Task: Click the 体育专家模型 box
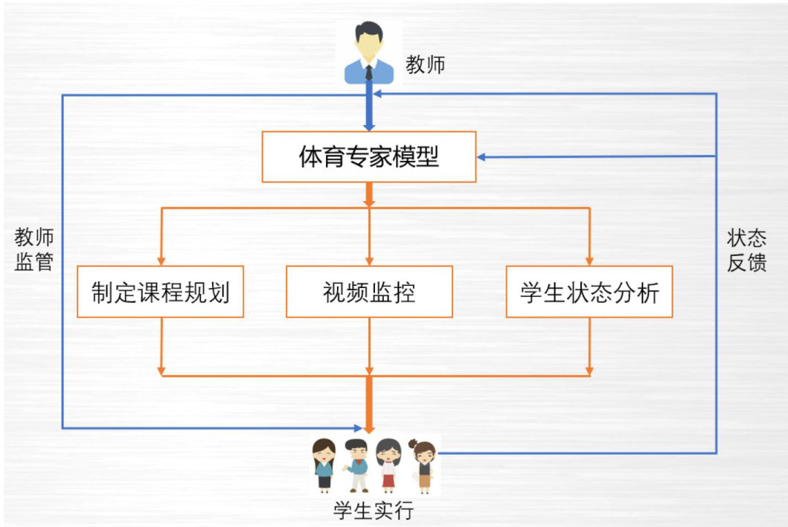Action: click(368, 157)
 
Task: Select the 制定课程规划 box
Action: click(160, 292)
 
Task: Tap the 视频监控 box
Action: click(369, 292)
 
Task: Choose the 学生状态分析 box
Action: click(589, 292)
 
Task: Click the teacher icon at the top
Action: click(369, 52)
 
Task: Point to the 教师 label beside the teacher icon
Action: click(425, 65)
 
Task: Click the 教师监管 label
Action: click(34, 250)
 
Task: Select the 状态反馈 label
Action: click(747, 250)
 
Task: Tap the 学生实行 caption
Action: click(372, 511)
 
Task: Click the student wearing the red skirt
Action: click(388, 465)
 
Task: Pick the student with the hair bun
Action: click(423, 465)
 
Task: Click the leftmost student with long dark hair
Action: click(324, 465)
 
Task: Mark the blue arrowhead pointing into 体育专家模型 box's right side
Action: click(482, 157)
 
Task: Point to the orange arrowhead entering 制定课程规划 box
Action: click(161, 261)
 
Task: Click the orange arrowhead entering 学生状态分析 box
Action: click(589, 261)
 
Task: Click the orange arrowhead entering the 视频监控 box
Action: click(369, 261)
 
